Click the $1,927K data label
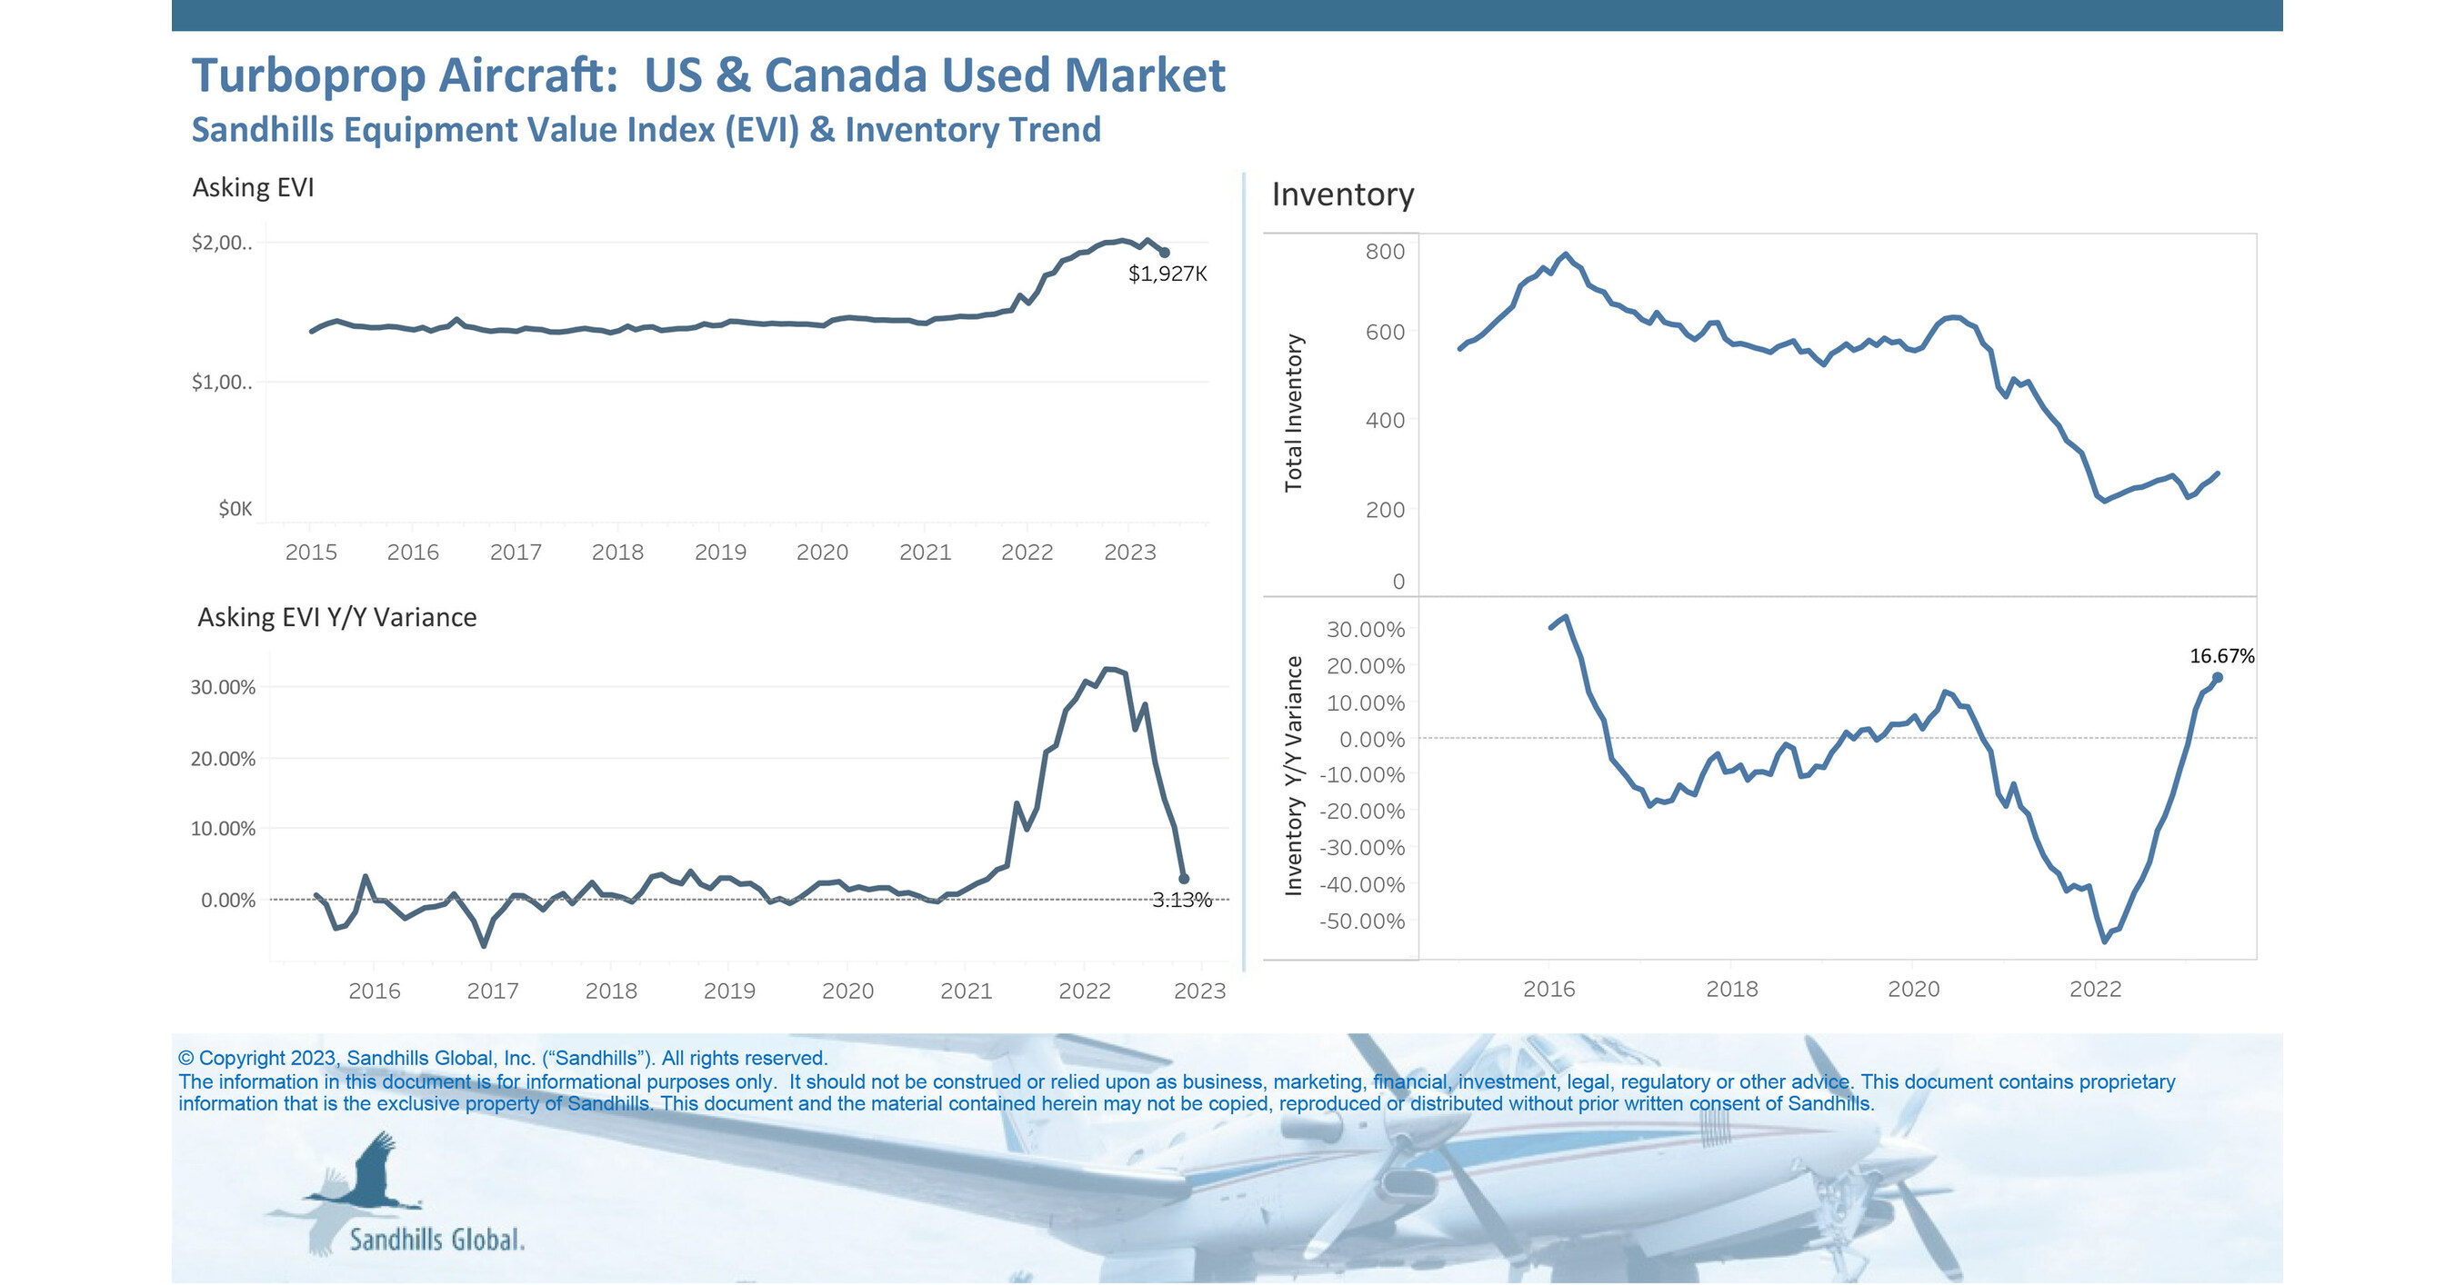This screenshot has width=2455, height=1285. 1167,274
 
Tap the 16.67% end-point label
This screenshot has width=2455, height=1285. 2221,655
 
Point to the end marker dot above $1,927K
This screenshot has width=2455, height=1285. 1165,253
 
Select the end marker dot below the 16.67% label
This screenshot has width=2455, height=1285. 2218,677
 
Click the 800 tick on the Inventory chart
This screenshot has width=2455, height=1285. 1385,252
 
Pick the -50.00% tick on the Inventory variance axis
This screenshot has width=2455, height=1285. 1362,921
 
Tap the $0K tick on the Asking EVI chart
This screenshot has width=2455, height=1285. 235,509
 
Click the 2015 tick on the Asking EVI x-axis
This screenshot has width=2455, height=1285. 311,553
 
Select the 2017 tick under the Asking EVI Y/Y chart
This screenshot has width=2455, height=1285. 493,991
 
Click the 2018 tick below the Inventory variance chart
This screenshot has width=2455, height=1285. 1730,989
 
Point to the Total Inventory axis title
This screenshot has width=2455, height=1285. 1293,413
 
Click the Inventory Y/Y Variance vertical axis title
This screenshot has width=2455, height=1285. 1293,775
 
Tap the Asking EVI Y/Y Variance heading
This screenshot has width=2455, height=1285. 336,617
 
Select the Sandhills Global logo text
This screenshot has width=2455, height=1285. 436,1240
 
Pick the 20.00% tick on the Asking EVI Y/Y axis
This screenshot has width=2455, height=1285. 223,759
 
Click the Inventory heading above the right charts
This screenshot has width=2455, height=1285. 1342,194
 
